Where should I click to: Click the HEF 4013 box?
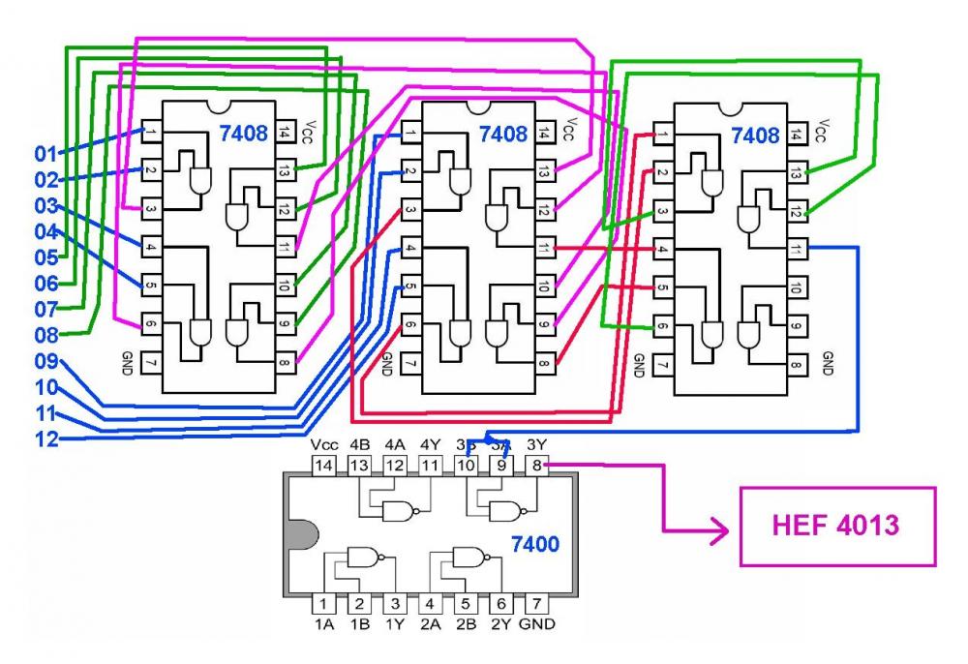point(837,526)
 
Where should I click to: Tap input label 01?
point(46,153)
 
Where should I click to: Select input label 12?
point(46,439)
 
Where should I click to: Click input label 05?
point(46,257)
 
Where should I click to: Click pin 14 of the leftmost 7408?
point(284,131)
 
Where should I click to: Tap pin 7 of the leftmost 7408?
point(153,361)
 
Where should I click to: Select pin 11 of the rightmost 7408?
point(796,246)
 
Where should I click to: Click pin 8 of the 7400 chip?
point(536,466)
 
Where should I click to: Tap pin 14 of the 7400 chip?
point(323,466)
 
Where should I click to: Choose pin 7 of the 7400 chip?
point(536,604)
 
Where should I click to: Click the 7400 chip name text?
point(535,545)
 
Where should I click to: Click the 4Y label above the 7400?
point(430,445)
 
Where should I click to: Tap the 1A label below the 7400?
point(323,625)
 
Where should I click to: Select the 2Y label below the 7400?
point(500,625)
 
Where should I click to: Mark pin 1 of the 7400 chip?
point(323,604)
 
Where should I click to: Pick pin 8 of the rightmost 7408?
point(796,364)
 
